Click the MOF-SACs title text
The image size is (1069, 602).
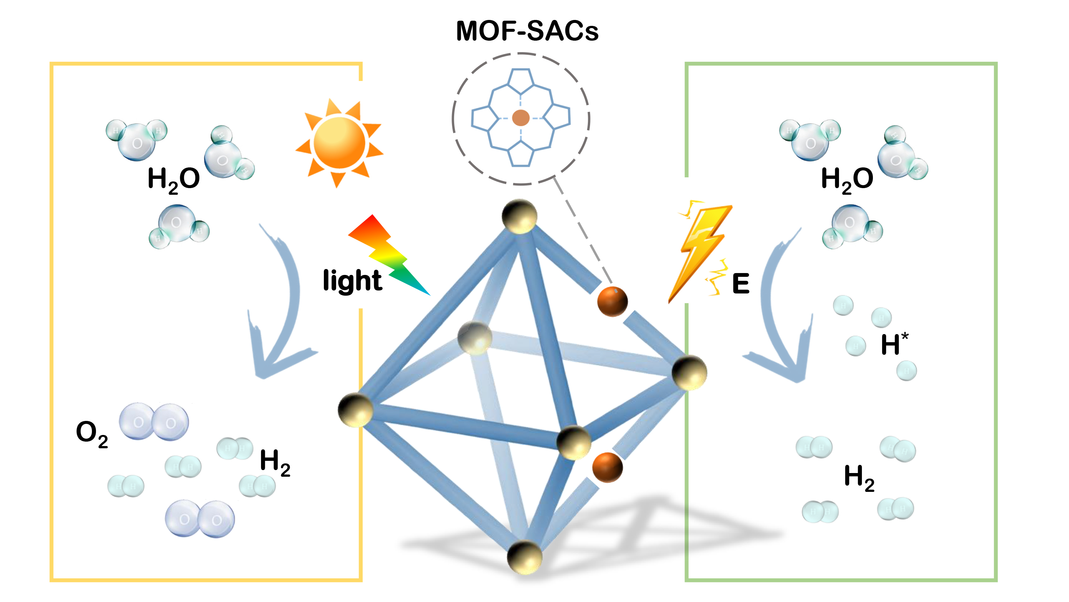(x=527, y=31)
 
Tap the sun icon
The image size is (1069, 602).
(x=339, y=142)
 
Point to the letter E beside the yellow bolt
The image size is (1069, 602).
(x=741, y=283)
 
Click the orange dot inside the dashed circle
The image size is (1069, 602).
(x=520, y=118)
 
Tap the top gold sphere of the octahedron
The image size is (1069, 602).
(x=519, y=216)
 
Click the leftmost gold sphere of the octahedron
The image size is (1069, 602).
(x=355, y=410)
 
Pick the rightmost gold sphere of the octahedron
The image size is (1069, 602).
(x=689, y=373)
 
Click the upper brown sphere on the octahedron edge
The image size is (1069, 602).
(x=612, y=301)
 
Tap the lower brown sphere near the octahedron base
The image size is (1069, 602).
(x=607, y=467)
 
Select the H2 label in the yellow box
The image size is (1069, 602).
(x=275, y=462)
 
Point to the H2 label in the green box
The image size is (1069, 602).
(x=859, y=477)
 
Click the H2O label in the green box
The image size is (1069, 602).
(x=847, y=179)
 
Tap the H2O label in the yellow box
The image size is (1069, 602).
(x=174, y=179)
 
